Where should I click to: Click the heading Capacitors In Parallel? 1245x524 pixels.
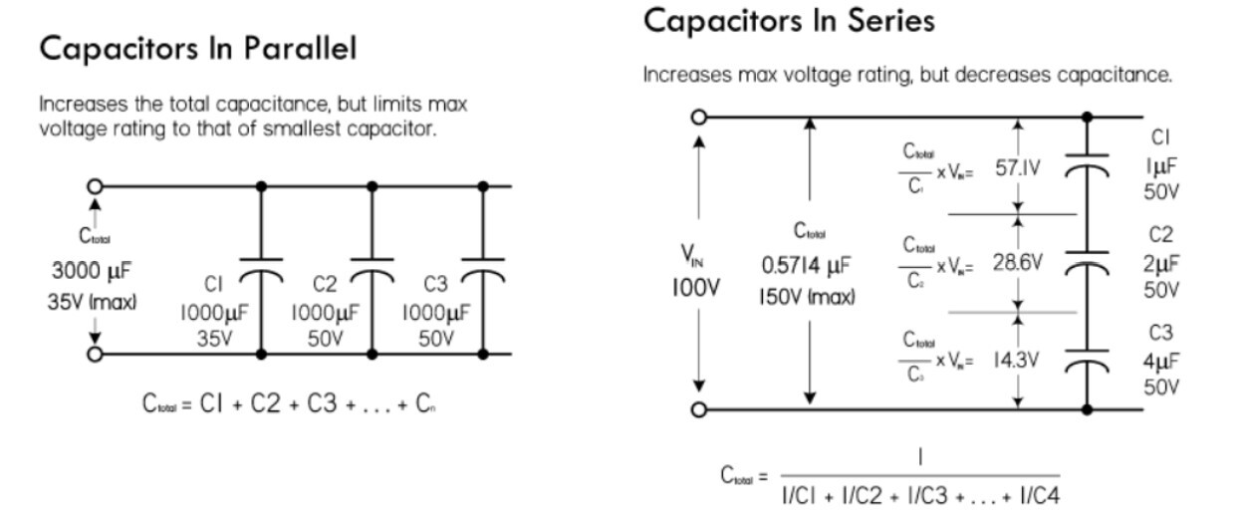point(197,50)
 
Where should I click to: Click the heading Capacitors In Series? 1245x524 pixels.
point(789,20)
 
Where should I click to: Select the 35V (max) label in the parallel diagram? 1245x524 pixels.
point(92,300)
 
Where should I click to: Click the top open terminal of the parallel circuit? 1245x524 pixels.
point(96,185)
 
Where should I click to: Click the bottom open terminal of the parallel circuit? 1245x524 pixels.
point(96,354)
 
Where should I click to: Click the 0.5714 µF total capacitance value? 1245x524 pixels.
point(808,266)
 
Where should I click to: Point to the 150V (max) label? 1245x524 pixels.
point(808,297)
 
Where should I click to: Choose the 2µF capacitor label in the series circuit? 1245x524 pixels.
point(1160,263)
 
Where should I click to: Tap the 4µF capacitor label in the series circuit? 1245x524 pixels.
point(1160,361)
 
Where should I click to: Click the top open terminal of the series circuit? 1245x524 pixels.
point(699,117)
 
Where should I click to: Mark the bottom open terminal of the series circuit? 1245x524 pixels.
point(699,409)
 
